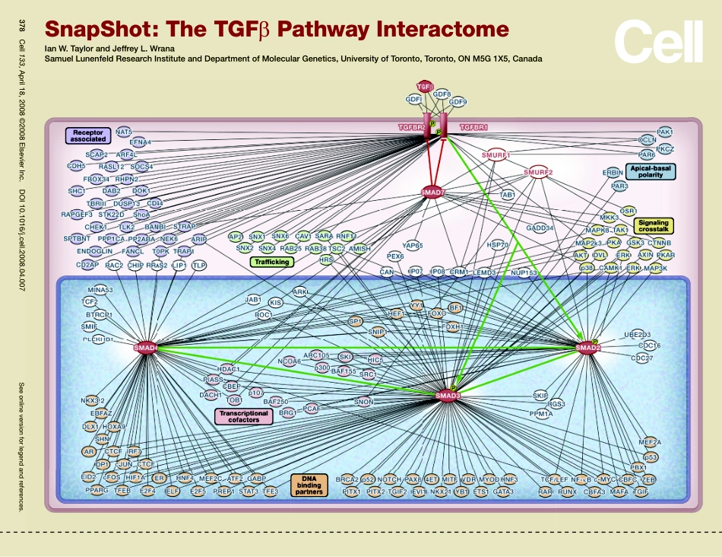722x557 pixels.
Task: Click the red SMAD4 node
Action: point(145,348)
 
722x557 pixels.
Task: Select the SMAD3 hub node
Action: point(448,395)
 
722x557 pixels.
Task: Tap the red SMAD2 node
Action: point(587,348)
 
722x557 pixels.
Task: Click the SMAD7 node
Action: point(433,193)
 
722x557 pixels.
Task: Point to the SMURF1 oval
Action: point(496,154)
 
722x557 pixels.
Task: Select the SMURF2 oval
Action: point(537,172)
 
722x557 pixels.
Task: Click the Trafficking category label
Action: point(271,262)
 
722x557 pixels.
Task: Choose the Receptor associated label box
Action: point(87,136)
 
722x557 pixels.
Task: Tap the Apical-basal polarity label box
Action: point(643,171)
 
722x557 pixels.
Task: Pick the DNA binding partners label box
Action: point(310,485)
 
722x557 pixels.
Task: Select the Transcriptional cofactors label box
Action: point(243,415)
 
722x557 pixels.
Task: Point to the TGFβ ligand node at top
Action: point(425,87)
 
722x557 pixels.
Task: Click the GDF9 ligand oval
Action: point(458,101)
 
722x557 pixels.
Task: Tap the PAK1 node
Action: point(664,132)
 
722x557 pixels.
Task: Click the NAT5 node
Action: point(124,132)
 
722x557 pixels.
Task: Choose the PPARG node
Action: point(96,492)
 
